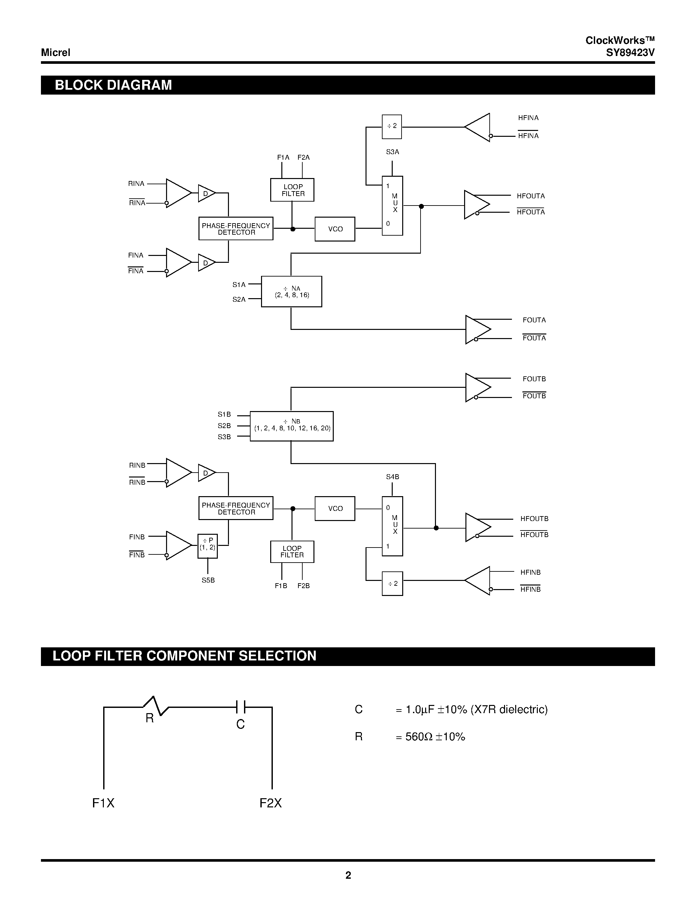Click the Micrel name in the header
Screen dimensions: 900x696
click(56, 53)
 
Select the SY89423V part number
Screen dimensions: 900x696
click(630, 53)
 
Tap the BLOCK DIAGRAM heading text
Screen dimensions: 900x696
click(113, 85)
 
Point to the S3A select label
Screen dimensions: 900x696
click(392, 152)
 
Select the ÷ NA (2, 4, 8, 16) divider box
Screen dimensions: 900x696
click(292, 291)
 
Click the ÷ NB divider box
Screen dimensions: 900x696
click(292, 426)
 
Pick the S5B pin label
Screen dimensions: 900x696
click(208, 580)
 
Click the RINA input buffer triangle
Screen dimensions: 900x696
click(177, 193)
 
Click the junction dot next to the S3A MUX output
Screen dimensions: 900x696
click(421, 207)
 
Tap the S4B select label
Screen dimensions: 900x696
click(392, 477)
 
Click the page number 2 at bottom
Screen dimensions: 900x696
click(348, 875)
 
